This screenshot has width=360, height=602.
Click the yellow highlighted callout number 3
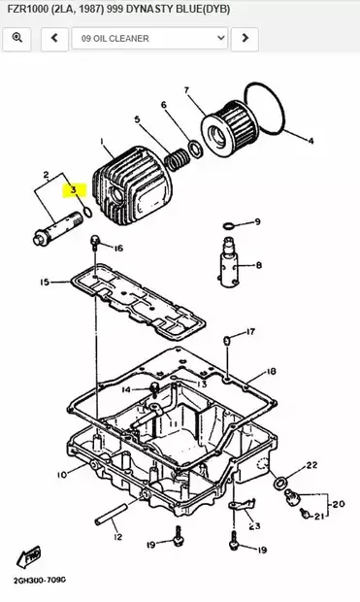pos(71,190)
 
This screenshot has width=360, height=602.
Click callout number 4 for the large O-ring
pos(311,141)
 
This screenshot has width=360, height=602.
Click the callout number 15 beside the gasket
pos(44,283)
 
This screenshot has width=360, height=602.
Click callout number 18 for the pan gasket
pos(271,371)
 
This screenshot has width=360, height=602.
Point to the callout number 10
pos(61,475)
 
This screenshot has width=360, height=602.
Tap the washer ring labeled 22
pos(281,483)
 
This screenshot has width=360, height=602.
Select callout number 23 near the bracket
pos(254,527)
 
